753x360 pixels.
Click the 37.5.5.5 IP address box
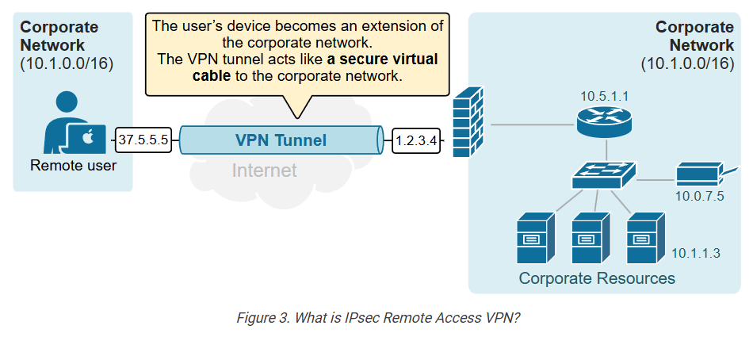(x=143, y=140)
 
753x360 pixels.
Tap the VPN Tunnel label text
(x=281, y=140)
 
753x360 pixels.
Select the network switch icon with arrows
(x=605, y=173)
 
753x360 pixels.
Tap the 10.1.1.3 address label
(x=695, y=253)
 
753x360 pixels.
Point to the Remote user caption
(x=73, y=166)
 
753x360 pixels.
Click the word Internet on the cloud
(x=264, y=170)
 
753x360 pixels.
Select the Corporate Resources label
(x=596, y=278)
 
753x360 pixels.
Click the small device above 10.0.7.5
(x=698, y=174)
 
